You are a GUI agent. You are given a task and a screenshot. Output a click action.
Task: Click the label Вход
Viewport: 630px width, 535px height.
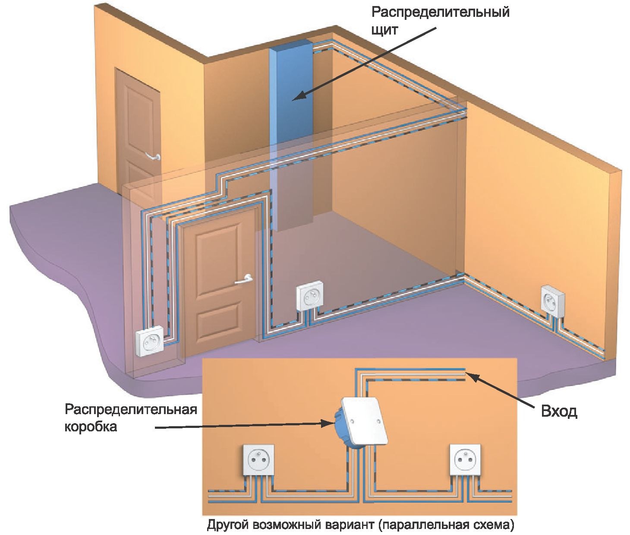[x=559, y=412]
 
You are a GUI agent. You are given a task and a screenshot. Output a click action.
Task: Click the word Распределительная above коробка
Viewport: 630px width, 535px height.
[x=131, y=410]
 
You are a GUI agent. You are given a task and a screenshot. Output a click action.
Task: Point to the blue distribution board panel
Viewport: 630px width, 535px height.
[x=291, y=134]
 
